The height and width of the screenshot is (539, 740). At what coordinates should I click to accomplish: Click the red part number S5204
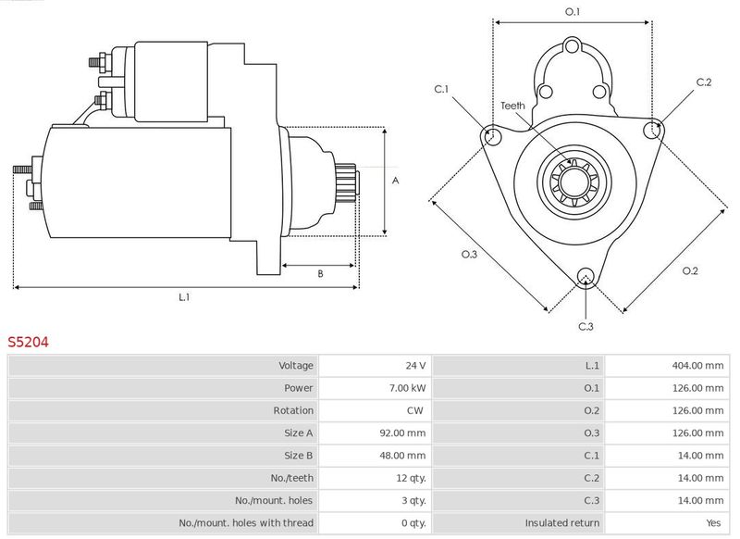(x=28, y=342)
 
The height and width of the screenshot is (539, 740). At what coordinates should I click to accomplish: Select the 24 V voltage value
(x=415, y=366)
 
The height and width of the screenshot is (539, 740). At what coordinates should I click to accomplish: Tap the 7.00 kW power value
(x=407, y=388)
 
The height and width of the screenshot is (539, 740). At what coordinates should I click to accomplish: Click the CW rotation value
(x=415, y=410)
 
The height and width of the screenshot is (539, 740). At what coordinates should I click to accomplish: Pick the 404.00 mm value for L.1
(x=697, y=366)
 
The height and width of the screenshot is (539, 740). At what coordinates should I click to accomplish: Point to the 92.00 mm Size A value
(x=402, y=433)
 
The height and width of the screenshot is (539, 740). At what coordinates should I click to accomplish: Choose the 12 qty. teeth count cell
(x=411, y=478)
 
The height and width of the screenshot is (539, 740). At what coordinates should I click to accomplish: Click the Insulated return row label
(x=562, y=523)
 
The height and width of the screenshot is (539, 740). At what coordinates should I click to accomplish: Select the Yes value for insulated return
(x=713, y=523)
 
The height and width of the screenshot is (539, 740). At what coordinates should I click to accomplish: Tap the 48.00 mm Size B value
(x=402, y=456)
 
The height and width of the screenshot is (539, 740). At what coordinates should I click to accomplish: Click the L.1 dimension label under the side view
(x=184, y=297)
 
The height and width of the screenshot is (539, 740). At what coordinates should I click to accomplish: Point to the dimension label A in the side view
(x=396, y=181)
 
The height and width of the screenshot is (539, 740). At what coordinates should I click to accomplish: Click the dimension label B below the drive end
(x=320, y=273)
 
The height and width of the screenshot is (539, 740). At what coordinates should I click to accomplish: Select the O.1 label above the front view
(x=573, y=12)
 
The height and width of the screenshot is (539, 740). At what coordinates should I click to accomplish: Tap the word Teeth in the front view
(x=512, y=106)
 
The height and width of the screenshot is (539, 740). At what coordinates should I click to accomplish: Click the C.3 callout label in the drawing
(x=586, y=326)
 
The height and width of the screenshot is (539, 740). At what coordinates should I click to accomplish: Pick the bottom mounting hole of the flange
(x=586, y=277)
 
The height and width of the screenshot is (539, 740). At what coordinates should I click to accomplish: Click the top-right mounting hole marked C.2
(x=653, y=130)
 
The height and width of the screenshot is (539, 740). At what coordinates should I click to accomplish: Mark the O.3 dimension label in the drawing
(x=469, y=254)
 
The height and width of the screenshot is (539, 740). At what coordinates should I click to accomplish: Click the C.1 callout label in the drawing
(x=441, y=89)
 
